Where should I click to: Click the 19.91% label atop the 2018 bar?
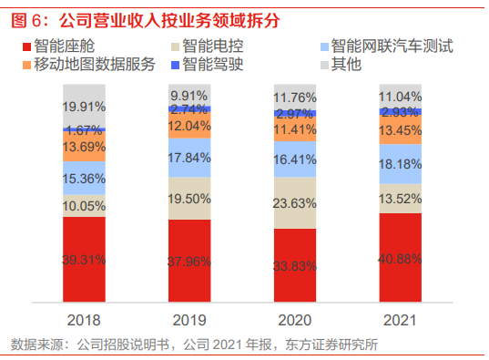(x=84, y=106)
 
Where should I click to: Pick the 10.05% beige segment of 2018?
(x=84, y=205)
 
